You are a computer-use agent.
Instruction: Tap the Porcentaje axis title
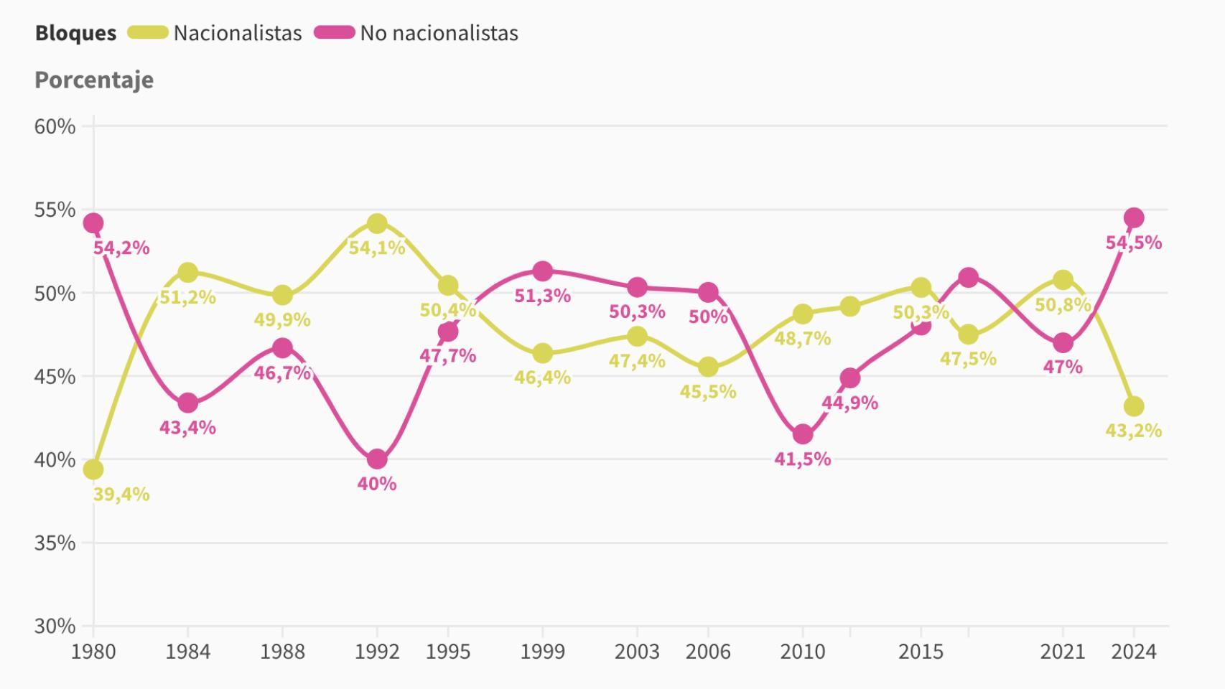pos(94,80)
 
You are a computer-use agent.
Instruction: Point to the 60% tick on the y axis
pos(55,127)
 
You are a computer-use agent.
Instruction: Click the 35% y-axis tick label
pos(55,543)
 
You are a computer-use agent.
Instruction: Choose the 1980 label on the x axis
pos(93,652)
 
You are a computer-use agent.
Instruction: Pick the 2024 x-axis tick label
pos(1134,652)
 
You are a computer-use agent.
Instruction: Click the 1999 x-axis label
pos(542,652)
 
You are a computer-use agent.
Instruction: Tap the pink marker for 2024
pos(1134,217)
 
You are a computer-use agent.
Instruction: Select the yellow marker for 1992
pos(377,223)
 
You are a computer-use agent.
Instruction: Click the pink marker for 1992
pos(377,459)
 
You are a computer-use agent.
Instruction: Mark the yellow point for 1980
pos(93,469)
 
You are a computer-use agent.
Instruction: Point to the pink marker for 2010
pos(803,434)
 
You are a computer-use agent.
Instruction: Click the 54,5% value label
pos(1133,243)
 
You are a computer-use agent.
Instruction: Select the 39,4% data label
pos(121,495)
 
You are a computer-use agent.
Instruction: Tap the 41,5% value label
pos(803,459)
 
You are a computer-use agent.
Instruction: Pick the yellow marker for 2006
pos(708,367)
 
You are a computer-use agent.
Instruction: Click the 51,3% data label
pos(542,296)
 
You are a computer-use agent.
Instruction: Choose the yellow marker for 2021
pos(1063,279)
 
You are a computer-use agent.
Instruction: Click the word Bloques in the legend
pos(75,33)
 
